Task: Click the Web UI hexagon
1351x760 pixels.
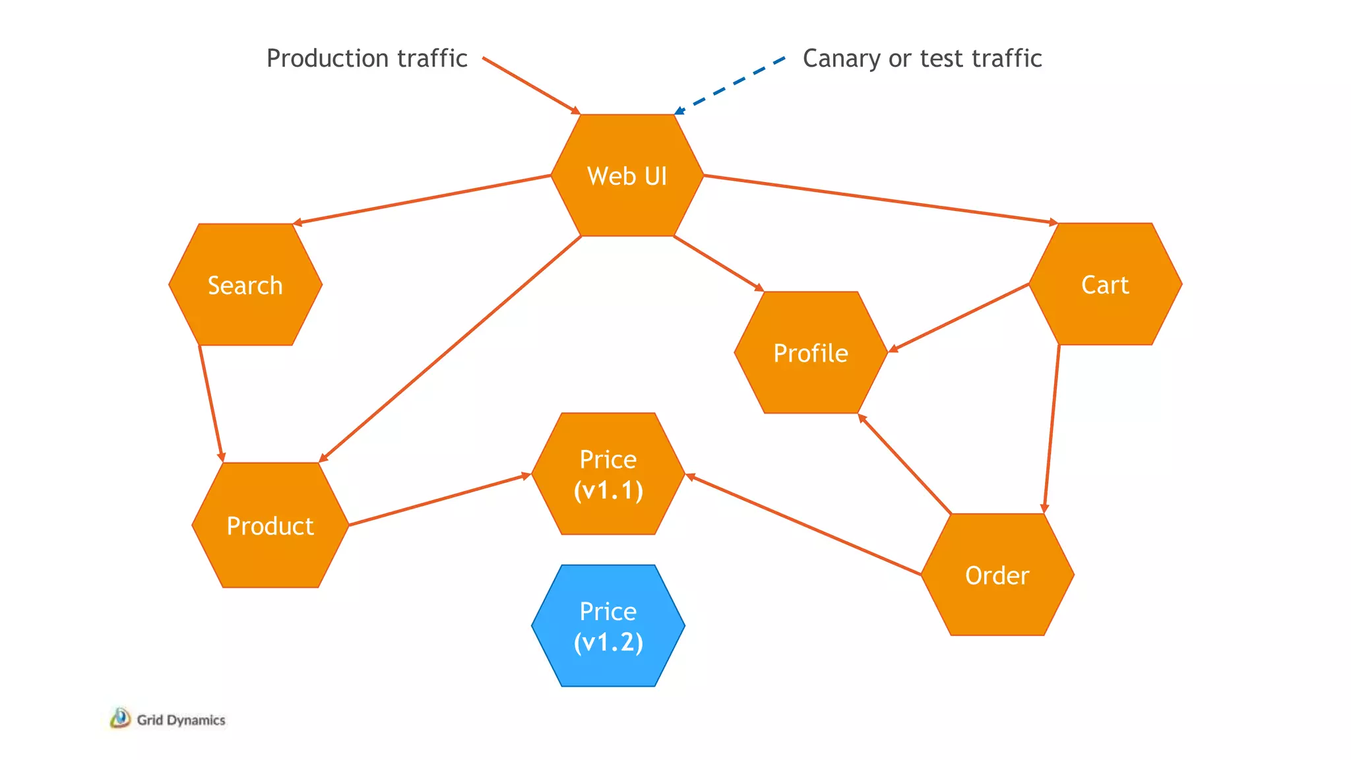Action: (x=627, y=175)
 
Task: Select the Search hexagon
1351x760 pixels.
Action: (x=245, y=285)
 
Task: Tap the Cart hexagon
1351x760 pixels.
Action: (x=1105, y=284)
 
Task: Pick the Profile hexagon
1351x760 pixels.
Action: (x=811, y=353)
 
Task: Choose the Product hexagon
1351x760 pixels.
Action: (x=270, y=525)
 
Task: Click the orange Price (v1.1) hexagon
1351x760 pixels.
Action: (x=608, y=474)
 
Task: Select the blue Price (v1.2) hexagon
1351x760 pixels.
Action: (x=608, y=625)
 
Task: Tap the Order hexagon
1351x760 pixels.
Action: (x=997, y=575)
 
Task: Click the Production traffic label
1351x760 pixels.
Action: (x=367, y=58)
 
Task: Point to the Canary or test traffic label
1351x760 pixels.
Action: (x=922, y=58)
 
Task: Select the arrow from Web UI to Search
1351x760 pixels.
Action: (x=422, y=200)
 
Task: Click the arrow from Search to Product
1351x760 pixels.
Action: (x=211, y=403)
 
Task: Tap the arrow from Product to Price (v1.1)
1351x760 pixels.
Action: (x=439, y=499)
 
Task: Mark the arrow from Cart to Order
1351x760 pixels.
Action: (x=1052, y=429)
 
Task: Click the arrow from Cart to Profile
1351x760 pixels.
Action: (x=959, y=317)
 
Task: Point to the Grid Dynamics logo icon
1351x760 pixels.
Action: (x=120, y=718)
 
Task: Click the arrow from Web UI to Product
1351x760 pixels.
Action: (x=450, y=348)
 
